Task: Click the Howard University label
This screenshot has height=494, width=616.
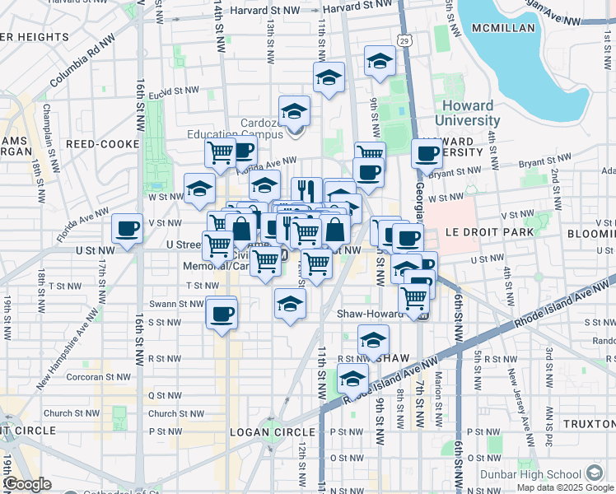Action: point(468,113)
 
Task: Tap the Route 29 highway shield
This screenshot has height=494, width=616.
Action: point(403,40)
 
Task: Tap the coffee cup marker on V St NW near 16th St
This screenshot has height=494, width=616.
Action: point(127,230)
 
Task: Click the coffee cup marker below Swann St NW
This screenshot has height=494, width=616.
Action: point(222,314)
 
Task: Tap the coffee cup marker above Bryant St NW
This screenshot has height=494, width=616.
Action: point(427,153)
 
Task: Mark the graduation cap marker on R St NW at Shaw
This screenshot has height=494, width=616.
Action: point(373,339)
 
